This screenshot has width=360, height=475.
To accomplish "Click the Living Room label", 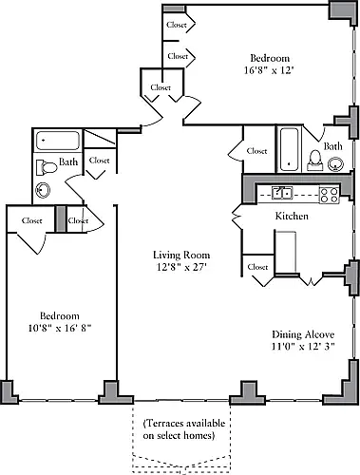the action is coord(181,255).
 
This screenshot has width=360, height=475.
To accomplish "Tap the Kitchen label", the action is coord(292,216).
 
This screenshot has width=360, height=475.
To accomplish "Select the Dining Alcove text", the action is coord(303,334).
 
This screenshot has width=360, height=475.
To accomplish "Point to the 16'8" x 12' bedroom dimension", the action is coord(270,70).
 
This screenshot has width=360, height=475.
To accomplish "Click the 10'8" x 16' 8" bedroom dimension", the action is coord(60,328).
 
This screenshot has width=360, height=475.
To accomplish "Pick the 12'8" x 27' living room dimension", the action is coord(181,267).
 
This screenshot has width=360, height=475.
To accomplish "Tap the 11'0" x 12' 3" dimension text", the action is coord(303,346).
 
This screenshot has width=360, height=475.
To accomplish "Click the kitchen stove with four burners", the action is coord(330,195).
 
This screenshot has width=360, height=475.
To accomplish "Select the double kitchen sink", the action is coord(282,193).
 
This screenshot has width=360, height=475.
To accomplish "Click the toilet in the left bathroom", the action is coord(47,167).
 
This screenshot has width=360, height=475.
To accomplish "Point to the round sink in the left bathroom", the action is coord(43,190).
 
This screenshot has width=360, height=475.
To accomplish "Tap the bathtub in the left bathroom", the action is coord(57,141).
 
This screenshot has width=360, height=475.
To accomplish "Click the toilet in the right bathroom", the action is coord(314,161).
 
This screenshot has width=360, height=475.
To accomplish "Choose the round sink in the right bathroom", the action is coord(335,164).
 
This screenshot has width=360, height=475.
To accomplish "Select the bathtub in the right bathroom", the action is coord(289,149).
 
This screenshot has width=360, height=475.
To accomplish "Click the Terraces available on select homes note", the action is coord(184,429).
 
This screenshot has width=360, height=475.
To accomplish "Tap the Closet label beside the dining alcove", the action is coord(257,267).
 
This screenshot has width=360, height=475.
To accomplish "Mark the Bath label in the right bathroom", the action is coord(333,146).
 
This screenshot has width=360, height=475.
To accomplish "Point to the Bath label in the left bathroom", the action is coord(68,161).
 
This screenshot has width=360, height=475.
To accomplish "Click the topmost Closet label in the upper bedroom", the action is coord(177,25).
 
